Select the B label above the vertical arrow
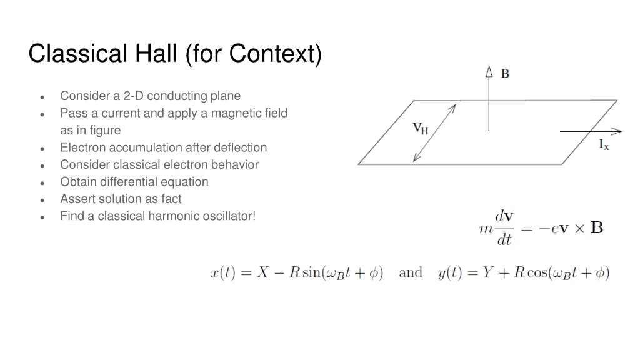click(505, 74)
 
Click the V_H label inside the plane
click(421, 129)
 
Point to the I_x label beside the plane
click(604, 145)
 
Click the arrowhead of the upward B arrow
click(489, 71)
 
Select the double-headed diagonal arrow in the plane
click(434, 133)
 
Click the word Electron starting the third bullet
click(83, 147)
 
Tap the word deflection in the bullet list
click(241, 147)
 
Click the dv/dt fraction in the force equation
click(504, 227)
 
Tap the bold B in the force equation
click(597, 227)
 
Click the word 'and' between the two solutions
click(411, 272)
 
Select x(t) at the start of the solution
click(222, 273)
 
